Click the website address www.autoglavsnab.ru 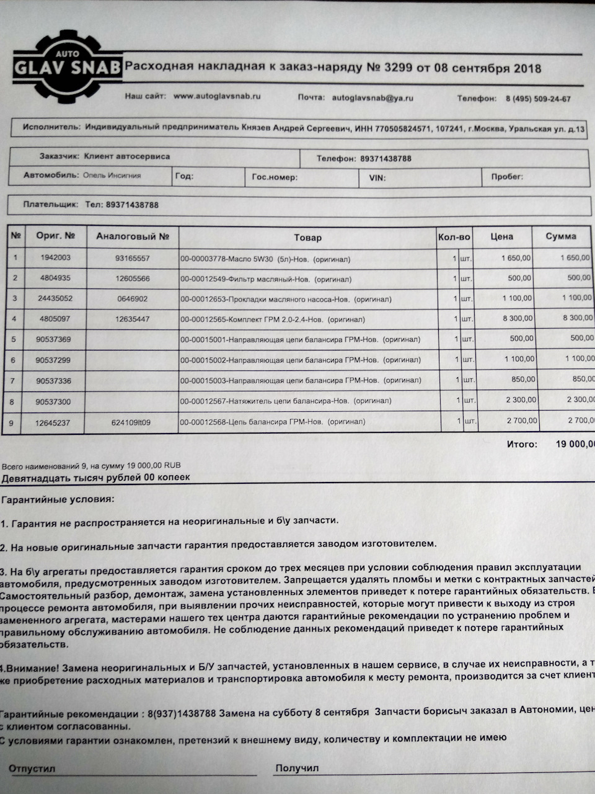[x=217, y=97]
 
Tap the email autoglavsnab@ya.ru [x=372, y=98]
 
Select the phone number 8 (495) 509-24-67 [x=538, y=99]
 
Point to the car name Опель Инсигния [x=112, y=176]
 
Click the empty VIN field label [x=377, y=177]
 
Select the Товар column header [x=307, y=237]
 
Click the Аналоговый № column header [x=133, y=236]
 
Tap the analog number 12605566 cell [x=133, y=279]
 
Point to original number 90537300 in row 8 [x=53, y=402]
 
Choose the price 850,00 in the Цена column [x=522, y=380]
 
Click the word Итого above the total [x=521, y=444]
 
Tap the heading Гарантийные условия [x=58, y=499]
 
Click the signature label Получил [x=297, y=768]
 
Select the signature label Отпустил [x=32, y=769]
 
